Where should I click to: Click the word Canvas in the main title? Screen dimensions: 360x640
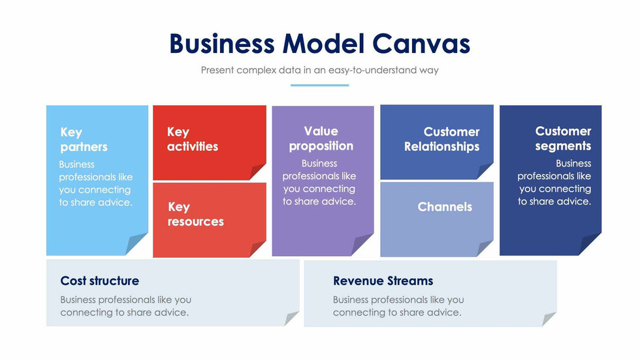tap(421, 44)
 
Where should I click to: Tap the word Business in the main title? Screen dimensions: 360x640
tap(221, 44)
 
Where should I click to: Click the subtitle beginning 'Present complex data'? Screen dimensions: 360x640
tap(319, 70)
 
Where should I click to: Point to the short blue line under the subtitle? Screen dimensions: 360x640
tap(319, 85)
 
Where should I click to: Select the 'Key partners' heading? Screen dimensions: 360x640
tap(84, 139)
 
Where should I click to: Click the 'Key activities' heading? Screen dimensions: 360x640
tap(192, 139)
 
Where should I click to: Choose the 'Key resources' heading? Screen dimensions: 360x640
tap(195, 214)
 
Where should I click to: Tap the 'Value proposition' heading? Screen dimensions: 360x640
tap(321, 139)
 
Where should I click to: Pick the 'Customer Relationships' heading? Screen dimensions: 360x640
tap(442, 139)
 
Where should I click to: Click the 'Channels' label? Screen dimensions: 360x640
tap(445, 206)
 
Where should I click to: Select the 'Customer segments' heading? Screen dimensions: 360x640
tap(563, 139)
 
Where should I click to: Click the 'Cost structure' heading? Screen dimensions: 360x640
tap(99, 281)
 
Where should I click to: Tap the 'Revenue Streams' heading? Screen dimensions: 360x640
tap(383, 281)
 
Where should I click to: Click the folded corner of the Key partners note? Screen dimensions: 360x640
tap(137, 244)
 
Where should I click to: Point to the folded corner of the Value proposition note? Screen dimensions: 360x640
tap(363, 244)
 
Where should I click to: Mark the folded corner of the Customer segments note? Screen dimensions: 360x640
tap(590, 244)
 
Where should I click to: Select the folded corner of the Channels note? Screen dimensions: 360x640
tap(485, 248)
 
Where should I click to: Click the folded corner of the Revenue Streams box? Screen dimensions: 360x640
tap(549, 319)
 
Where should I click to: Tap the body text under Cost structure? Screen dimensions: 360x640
tap(125, 306)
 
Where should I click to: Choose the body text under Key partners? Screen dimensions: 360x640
tap(95, 183)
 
